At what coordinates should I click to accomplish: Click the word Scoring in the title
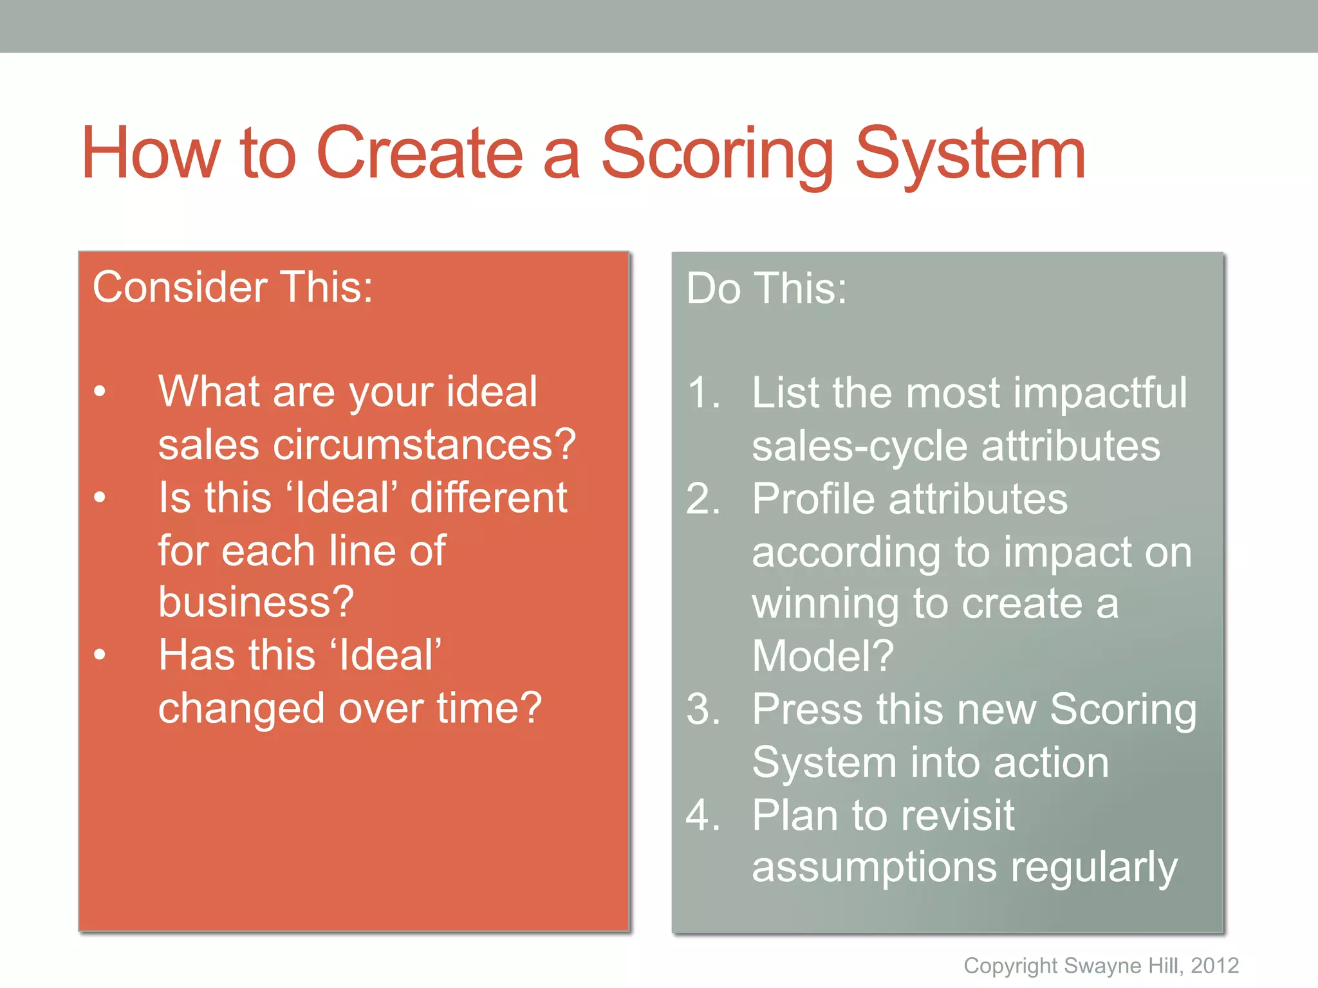[x=716, y=154]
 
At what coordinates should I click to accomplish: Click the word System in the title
[x=970, y=154]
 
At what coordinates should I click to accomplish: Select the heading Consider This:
[x=232, y=287]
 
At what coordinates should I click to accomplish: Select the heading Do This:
[x=766, y=288]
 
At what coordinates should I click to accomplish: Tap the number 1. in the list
[x=703, y=393]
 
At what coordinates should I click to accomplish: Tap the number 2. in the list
[x=703, y=499]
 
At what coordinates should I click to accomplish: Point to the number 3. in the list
[x=703, y=709]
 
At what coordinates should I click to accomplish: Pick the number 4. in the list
[x=703, y=815]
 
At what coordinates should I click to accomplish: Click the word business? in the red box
[x=256, y=602]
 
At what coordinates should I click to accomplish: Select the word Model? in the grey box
[x=823, y=656]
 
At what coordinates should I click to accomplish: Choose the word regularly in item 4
[x=1093, y=868]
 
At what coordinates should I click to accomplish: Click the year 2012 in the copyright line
[x=1214, y=965]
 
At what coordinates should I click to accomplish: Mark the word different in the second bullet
[x=489, y=498]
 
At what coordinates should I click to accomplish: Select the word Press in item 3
[x=808, y=709]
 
